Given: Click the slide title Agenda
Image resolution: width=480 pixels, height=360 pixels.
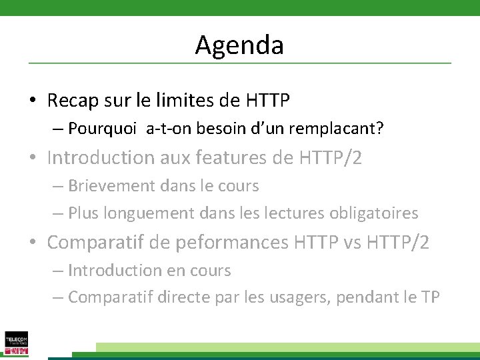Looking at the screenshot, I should (x=239, y=45).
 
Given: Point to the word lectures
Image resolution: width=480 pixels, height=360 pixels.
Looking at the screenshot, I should (x=293, y=213).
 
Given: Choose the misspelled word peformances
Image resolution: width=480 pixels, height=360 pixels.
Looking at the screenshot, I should (x=231, y=243).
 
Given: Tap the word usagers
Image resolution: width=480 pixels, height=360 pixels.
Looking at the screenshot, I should (x=295, y=297).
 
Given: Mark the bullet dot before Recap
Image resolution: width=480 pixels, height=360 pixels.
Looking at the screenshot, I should (x=32, y=101).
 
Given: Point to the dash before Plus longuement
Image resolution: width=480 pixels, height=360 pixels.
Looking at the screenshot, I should (x=57, y=213).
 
